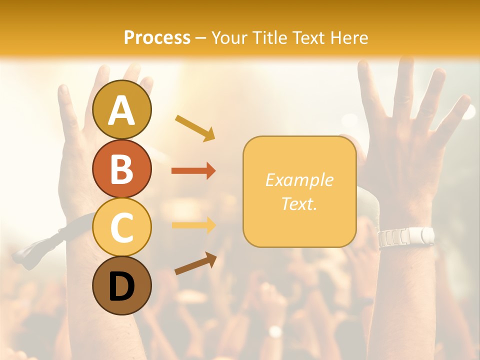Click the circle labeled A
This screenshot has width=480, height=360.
[x=122, y=109]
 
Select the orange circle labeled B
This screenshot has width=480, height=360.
[x=122, y=168]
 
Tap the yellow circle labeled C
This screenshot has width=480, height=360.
[x=122, y=227]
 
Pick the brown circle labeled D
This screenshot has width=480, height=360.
[x=122, y=285]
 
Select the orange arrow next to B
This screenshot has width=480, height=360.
[x=193, y=171]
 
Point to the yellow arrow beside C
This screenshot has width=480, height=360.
[x=193, y=224]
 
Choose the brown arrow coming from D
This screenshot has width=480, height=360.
[x=195, y=263]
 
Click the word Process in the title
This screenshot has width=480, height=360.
[x=157, y=37]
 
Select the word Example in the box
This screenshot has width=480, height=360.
[x=299, y=180]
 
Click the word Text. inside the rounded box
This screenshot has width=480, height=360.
[x=299, y=203]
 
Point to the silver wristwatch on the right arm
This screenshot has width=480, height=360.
[x=405, y=237]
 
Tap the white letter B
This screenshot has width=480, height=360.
[x=122, y=168]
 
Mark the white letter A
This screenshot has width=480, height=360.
[x=122, y=110]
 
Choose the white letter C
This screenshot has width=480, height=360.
[x=122, y=227]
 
